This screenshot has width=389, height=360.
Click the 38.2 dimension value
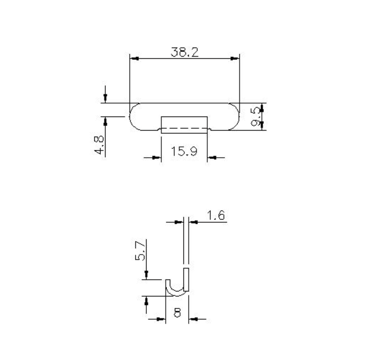pyautogui.click(x=184, y=52)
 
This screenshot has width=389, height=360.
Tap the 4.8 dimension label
pyautogui.click(x=99, y=145)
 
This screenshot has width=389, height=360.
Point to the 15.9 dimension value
pyautogui.click(x=184, y=151)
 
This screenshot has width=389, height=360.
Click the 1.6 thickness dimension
pyautogui.click(x=215, y=216)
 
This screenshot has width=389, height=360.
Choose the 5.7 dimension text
pyautogui.click(x=140, y=250)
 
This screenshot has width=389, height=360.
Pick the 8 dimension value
pyautogui.click(x=177, y=313)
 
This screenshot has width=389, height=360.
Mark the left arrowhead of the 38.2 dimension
pyautogui.click(x=134, y=59)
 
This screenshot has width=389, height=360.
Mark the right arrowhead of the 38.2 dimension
pyautogui.click(x=235, y=59)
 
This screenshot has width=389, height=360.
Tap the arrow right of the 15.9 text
pyautogui.click(x=212, y=157)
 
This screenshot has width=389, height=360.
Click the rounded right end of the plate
pyautogui.click(x=237, y=117)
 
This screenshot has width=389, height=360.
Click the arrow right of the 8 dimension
pyautogui.click(x=194, y=319)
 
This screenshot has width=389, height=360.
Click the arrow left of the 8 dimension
pyautogui.click(x=161, y=319)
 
